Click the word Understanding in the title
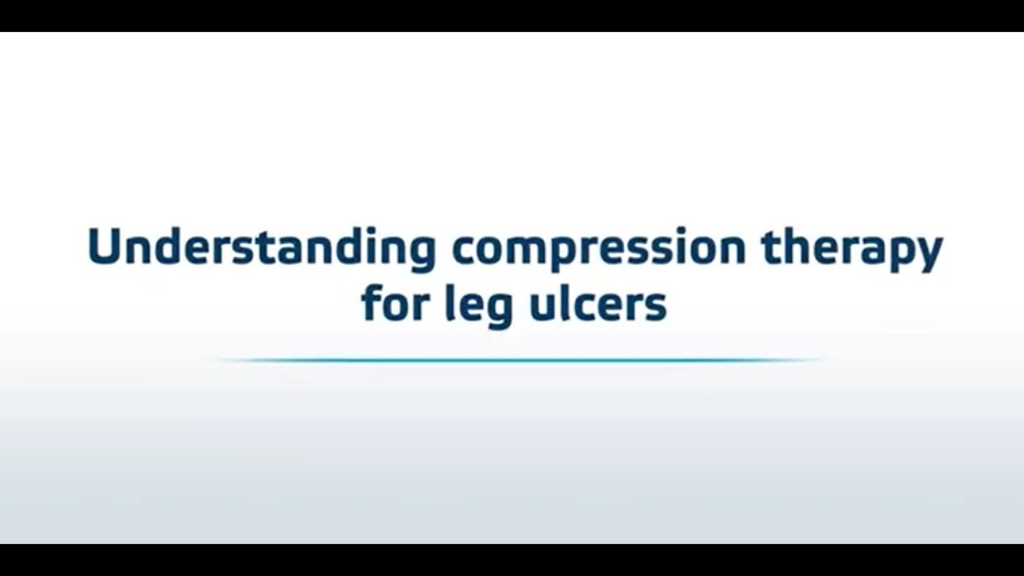click(x=261, y=248)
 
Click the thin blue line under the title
click(x=520, y=360)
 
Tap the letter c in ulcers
click(x=584, y=307)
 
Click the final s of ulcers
click(x=656, y=307)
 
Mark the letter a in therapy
click(x=874, y=250)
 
